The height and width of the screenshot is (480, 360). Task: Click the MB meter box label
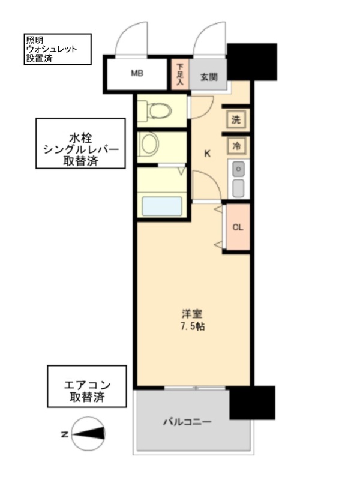tap(137, 74)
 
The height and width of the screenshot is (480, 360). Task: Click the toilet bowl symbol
tap(158, 110)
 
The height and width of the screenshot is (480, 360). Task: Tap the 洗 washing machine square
tap(236, 119)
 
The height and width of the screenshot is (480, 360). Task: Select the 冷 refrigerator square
tap(236, 145)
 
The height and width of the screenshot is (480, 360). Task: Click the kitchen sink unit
tap(238, 179)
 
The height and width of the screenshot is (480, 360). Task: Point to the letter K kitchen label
tap(207, 154)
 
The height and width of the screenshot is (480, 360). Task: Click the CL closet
tap(237, 227)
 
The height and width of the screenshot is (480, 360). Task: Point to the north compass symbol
tap(88, 433)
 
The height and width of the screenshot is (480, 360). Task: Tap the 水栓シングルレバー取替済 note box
tap(80, 143)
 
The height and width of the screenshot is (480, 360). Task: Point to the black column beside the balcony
tap(252, 403)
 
